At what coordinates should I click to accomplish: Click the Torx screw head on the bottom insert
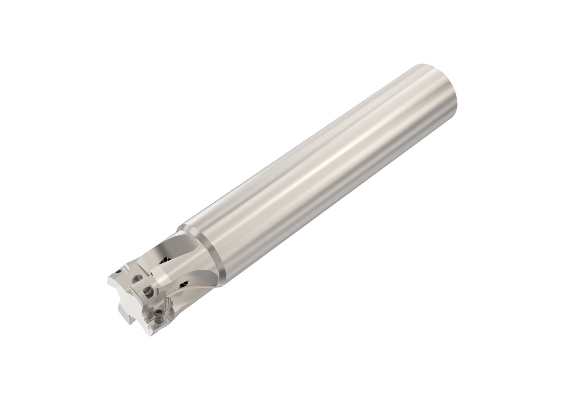158,312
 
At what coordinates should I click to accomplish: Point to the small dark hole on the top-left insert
118,271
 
